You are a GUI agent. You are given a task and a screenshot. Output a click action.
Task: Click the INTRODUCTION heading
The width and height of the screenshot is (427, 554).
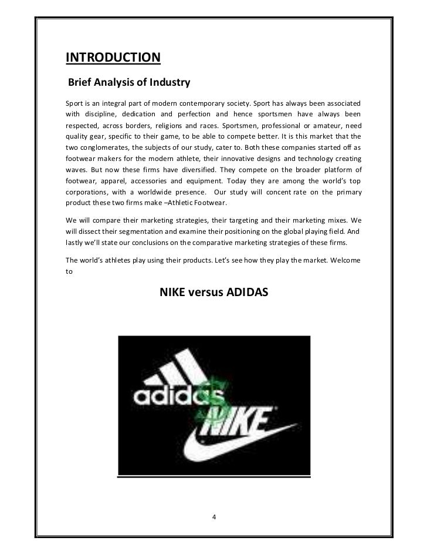pos(113,58)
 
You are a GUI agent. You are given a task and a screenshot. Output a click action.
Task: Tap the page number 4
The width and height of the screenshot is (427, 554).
pos(214,517)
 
